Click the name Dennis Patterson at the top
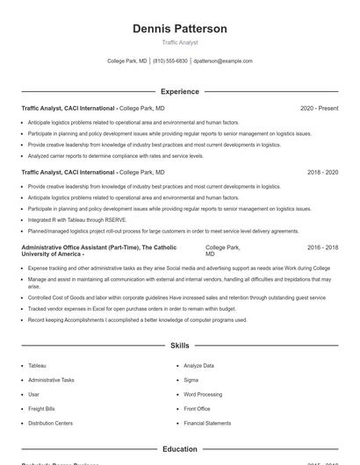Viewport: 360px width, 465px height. pos(180,29)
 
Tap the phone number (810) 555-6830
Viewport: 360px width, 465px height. pos(170,61)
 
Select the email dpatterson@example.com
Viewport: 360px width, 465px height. pos(223,61)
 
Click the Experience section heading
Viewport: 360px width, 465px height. pos(180,91)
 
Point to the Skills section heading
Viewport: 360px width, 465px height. pos(180,347)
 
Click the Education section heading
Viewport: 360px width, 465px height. pos(180,449)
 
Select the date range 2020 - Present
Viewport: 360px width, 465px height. pos(319,108)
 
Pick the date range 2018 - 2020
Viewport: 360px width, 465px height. pos(322,173)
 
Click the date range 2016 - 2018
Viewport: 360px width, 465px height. pos(322,248)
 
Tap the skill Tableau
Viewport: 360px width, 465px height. pos(37,365)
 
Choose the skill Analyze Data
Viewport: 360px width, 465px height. pos(198,365)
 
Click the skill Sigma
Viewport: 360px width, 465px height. pos(191,380)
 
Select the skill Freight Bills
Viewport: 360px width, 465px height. pos(41,409)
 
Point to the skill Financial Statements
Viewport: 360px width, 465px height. pos(207,423)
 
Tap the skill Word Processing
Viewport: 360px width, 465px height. pos(203,394)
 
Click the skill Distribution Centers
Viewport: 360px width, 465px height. pos(50,423)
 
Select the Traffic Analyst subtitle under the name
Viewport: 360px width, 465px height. pos(180,42)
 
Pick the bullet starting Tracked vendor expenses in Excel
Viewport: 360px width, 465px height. pos(132,309)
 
